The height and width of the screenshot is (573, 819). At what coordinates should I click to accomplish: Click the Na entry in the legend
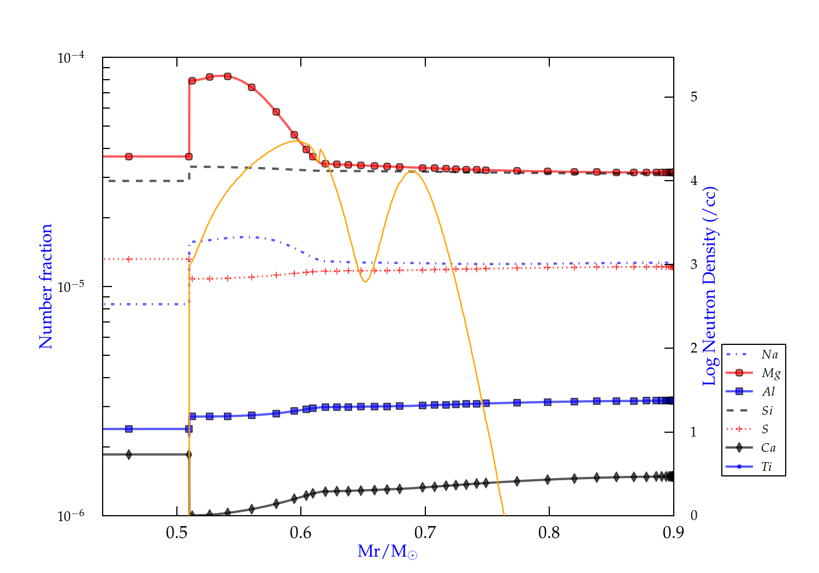click(769, 355)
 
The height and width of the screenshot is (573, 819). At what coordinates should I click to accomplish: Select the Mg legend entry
click(770, 373)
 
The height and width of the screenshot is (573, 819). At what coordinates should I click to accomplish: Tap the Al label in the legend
click(768, 392)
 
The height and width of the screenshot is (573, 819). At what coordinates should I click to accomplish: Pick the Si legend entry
click(767, 410)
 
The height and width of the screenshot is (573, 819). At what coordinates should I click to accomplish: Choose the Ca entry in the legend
click(768, 448)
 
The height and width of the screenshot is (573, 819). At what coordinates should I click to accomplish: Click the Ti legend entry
click(767, 467)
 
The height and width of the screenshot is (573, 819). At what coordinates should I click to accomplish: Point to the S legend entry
click(765, 429)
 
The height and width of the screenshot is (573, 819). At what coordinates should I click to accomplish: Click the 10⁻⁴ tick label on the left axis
click(70, 57)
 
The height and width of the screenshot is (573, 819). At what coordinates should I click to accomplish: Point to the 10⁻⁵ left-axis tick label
click(70, 286)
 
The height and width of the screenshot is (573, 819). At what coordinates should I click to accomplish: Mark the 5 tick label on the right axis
click(694, 97)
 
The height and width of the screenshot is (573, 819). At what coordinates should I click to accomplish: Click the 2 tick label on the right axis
click(694, 348)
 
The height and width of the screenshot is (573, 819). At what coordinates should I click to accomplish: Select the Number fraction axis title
click(46, 286)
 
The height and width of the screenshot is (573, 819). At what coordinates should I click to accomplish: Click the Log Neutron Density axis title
click(710, 286)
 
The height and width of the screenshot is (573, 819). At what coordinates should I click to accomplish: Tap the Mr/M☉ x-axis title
click(387, 552)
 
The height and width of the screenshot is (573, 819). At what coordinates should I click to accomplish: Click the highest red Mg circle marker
click(228, 76)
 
